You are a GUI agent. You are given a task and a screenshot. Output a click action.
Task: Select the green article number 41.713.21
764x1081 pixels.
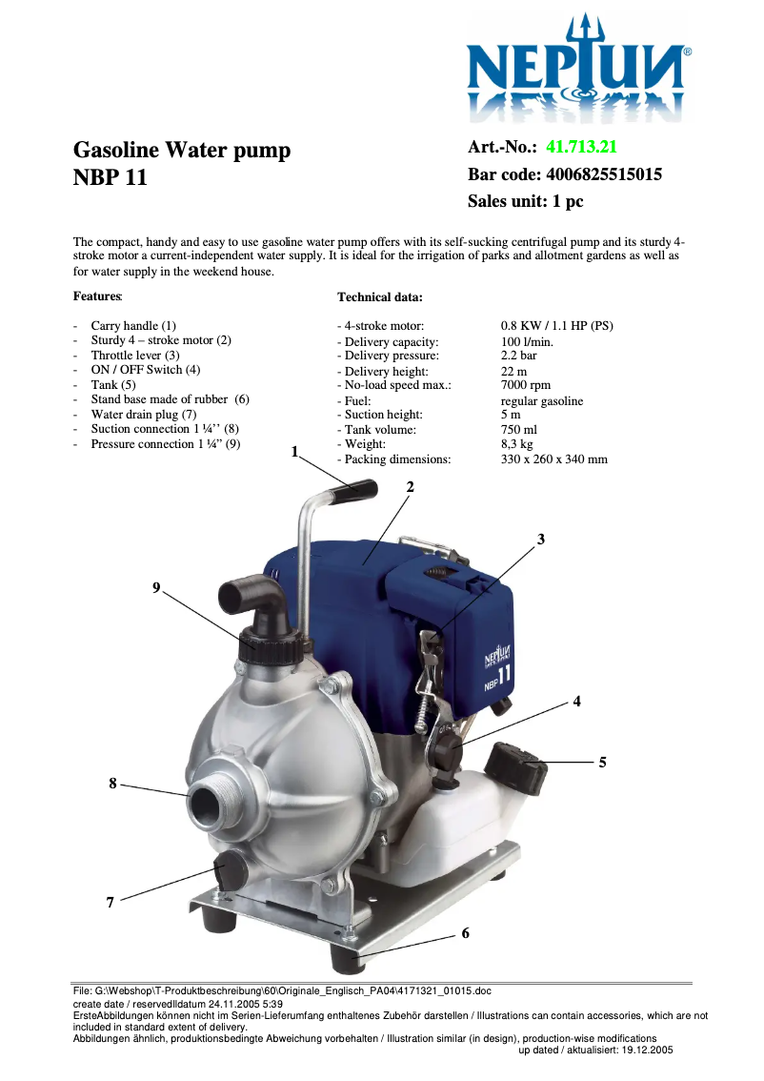pyautogui.click(x=582, y=147)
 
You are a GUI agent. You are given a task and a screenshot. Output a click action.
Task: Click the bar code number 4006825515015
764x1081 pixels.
pyautogui.click(x=603, y=174)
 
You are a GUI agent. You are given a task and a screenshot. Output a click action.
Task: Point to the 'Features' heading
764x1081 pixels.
pyautogui.click(x=97, y=297)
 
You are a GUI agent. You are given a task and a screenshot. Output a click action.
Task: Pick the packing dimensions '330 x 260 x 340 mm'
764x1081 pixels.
pyautogui.click(x=553, y=459)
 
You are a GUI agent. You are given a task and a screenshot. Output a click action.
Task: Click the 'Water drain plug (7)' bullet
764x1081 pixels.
pyautogui.click(x=143, y=415)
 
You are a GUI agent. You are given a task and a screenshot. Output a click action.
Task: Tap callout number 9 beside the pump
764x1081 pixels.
pyautogui.click(x=156, y=588)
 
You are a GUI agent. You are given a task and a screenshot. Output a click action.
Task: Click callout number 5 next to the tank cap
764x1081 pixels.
pyautogui.click(x=602, y=763)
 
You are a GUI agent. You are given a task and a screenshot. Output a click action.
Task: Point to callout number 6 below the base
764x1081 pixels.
pyautogui.click(x=465, y=933)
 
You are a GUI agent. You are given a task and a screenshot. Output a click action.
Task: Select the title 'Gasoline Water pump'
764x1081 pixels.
pyautogui.click(x=182, y=150)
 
